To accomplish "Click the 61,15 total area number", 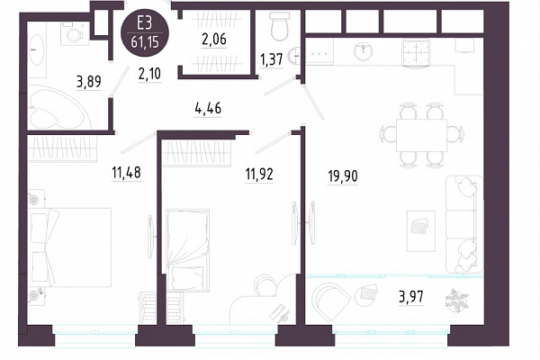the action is [x=145, y=42].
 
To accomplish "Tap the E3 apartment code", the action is [x=145, y=23].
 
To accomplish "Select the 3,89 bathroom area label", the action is [x=89, y=82].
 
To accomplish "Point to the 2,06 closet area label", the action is [x=214, y=40].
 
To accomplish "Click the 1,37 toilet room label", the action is [x=272, y=60].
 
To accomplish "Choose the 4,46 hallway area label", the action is [x=208, y=109].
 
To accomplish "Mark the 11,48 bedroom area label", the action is [x=126, y=172].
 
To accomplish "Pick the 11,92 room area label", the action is [x=259, y=175].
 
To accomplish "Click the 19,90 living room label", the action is [x=343, y=176].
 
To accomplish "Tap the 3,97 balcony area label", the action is [x=411, y=296].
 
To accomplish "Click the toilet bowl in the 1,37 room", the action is [x=279, y=26].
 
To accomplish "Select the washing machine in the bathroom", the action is [x=75, y=33].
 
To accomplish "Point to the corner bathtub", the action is [x=58, y=107].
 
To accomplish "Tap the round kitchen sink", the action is [x=364, y=51].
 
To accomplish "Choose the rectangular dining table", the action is [x=421, y=135].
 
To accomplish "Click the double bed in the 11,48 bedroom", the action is [x=70, y=247].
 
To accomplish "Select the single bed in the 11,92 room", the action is [x=188, y=250].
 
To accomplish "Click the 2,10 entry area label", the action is [x=149, y=74].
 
